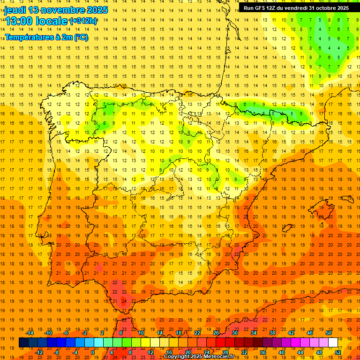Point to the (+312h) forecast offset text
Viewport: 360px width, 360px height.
[x=83, y=21]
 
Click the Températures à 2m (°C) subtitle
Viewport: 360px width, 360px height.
[x=46, y=37]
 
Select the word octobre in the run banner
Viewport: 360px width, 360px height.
[x=326, y=8]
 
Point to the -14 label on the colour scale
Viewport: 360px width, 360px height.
[x=30, y=333]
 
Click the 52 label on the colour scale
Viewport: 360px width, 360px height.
[x=338, y=352]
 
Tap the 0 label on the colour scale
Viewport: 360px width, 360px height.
[x=93, y=352]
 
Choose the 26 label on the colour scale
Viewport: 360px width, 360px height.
[x=216, y=333]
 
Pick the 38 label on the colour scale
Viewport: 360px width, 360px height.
[x=272, y=333]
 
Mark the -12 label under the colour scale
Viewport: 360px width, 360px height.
[x=39, y=352]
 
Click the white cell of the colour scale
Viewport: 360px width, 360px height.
[x=333, y=343]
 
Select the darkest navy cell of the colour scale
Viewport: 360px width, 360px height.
[x=23, y=343]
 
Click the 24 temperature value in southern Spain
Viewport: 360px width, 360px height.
[x=124, y=300]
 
